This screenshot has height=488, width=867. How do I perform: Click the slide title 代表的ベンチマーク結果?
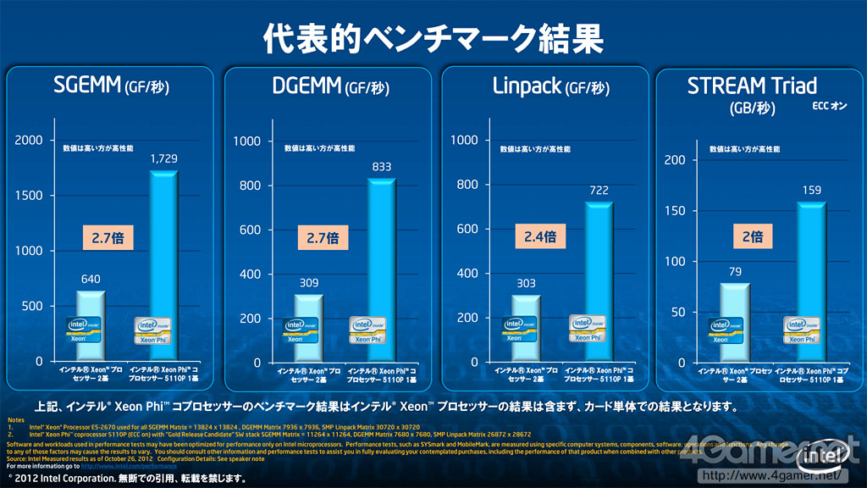pos(433,39)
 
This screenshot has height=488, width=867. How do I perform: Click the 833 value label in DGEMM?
pos(382,167)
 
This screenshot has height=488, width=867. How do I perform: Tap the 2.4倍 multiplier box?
pos(538,236)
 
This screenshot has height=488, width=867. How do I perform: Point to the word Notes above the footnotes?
pos(15,420)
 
